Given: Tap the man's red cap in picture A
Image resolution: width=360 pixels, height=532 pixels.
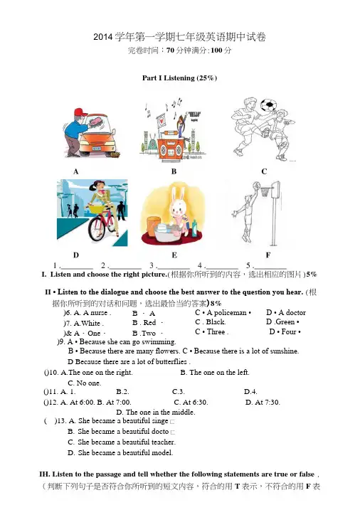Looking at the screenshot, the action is click(x=80, y=112).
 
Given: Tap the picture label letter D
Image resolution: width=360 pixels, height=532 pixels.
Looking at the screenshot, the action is click(x=75, y=255).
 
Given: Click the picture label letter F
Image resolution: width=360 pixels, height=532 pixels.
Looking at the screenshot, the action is click(x=268, y=255).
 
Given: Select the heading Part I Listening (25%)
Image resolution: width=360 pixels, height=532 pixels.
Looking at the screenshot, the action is click(x=179, y=78).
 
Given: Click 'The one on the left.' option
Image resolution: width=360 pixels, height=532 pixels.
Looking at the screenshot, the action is click(x=219, y=372).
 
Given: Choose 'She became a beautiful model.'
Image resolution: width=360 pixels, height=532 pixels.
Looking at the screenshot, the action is click(x=125, y=452).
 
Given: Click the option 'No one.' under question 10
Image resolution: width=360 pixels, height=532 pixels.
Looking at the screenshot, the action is click(x=88, y=383).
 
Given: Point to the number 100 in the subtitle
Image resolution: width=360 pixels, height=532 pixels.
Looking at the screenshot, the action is click(x=216, y=50).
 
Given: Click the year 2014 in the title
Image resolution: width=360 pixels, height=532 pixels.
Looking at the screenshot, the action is click(x=103, y=37).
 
